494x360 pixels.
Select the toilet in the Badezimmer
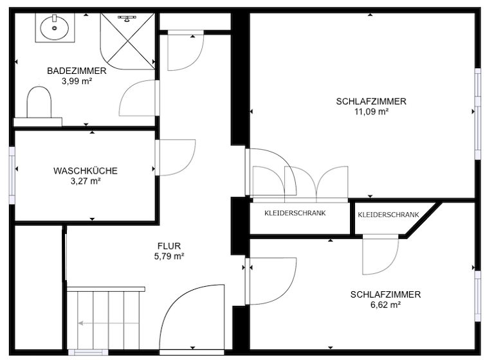(x=39, y=104)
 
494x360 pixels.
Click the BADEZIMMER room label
(x=77, y=71)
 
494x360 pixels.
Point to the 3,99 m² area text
(x=77, y=82)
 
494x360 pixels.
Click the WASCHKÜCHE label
(x=85, y=171)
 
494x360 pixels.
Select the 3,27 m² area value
(x=85, y=181)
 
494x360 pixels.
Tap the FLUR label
(x=170, y=246)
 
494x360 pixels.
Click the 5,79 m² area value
(x=170, y=256)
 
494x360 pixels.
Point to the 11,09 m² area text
(x=371, y=111)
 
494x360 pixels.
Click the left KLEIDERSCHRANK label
(x=295, y=213)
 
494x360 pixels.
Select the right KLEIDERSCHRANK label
(x=388, y=215)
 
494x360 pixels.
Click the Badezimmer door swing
(x=137, y=98)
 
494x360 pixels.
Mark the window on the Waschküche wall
(x=12, y=174)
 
